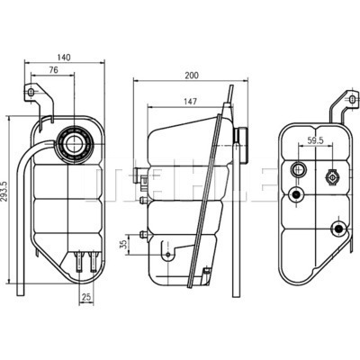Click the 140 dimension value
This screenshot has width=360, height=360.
tap(64, 58)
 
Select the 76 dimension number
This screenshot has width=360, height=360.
tap(53, 70)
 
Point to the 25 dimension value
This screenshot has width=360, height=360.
tap(86, 297)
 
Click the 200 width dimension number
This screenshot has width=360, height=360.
tap(192, 76)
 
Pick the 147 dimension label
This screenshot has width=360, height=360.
tap(191, 102)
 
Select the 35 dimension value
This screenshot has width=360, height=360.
tap(123, 245)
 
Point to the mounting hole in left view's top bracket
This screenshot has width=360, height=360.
tap(31, 92)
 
